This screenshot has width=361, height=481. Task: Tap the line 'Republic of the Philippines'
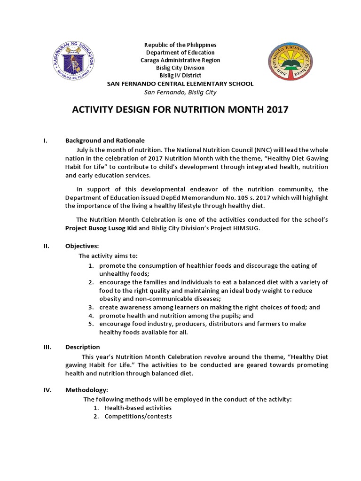180,45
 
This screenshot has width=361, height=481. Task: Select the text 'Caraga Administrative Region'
180,60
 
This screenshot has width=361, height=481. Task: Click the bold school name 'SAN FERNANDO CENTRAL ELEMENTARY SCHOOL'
180,84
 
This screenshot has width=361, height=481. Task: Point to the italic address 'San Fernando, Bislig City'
180,92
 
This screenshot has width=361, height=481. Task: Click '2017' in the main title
275,111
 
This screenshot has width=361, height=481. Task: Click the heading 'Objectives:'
82,246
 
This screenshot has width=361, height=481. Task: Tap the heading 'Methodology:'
86,390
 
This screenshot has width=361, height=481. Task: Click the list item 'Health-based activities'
138,408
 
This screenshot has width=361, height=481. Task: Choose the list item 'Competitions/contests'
138,416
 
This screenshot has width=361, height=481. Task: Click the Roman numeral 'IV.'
47,390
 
